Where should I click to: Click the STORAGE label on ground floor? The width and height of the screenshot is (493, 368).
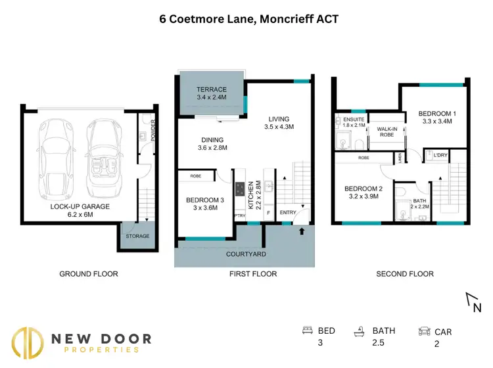click(137, 236)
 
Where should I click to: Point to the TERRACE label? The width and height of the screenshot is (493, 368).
click(211, 90)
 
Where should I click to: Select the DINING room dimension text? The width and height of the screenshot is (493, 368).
click(212, 149)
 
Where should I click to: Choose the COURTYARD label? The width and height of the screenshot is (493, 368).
click(245, 254)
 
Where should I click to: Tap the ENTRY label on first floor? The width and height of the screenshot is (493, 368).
click(287, 212)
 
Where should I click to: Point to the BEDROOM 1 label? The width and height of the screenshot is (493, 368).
click(437, 114)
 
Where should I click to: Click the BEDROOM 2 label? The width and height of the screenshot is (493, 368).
click(363, 189)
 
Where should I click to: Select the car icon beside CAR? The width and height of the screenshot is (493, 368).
click(425, 331)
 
